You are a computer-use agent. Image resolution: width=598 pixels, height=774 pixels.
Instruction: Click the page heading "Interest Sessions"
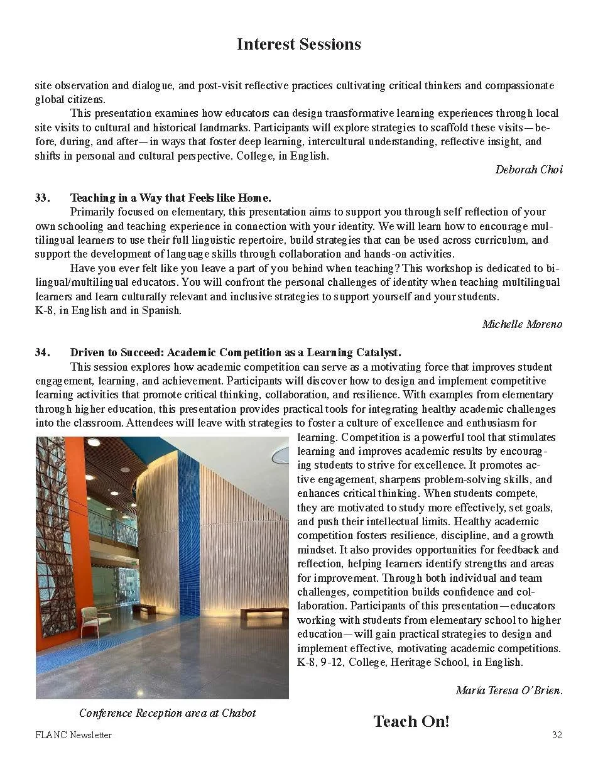coord(298,44)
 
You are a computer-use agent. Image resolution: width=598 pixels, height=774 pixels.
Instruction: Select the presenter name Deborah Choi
coord(529,170)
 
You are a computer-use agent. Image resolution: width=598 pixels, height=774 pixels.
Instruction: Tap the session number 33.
coord(41,198)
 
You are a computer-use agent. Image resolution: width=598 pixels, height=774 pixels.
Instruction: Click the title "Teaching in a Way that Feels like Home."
coord(170,198)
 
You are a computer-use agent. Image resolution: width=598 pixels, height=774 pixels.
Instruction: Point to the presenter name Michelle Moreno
coord(522,324)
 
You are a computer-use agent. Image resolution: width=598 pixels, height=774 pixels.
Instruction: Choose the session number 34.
coord(41,352)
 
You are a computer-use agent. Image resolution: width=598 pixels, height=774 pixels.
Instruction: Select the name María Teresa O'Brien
coord(509,690)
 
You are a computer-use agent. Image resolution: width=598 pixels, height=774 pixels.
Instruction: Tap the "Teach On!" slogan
coord(411,721)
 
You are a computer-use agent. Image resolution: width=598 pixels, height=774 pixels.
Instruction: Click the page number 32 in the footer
coord(557,735)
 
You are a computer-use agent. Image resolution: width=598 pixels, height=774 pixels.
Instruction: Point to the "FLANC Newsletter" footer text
coord(73,735)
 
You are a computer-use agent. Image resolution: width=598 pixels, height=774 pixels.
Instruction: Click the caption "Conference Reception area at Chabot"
coord(168,713)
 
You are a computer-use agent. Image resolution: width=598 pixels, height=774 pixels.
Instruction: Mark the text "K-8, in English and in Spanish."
coord(107,310)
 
